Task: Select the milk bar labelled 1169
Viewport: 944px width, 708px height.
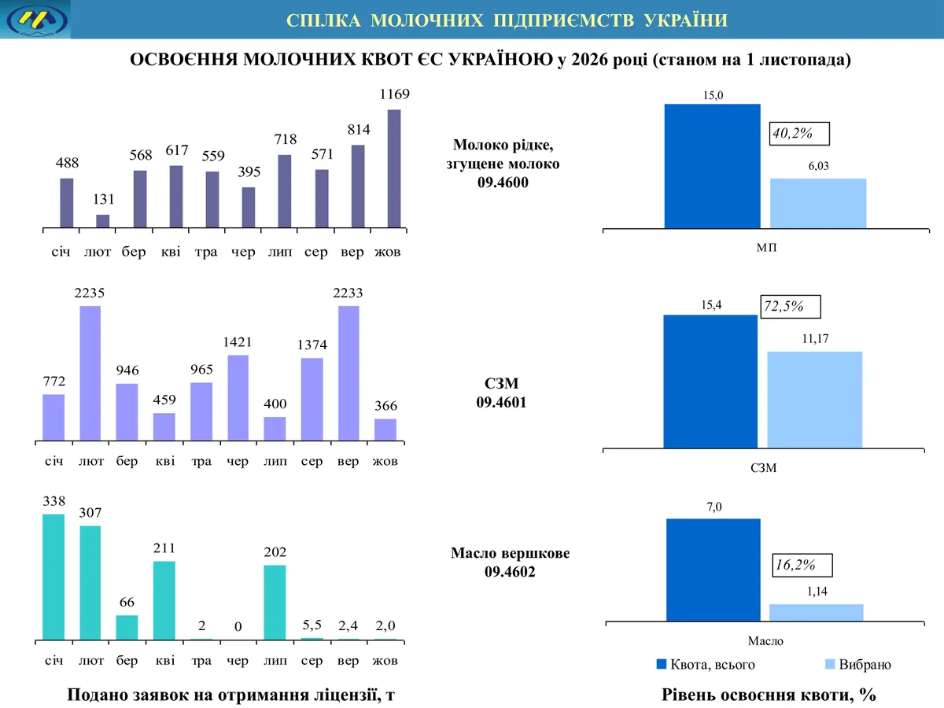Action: tap(394, 168)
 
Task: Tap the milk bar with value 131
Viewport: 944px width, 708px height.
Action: tap(103, 221)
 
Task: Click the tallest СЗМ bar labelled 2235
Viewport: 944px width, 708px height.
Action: tap(90, 373)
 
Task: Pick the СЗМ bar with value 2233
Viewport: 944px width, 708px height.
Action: tap(348, 373)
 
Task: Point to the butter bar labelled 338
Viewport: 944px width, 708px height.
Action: tap(53, 577)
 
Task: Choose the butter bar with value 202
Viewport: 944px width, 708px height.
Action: tap(275, 603)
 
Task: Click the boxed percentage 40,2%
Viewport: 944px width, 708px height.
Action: tap(799, 134)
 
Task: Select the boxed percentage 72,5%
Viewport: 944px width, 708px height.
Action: tap(791, 307)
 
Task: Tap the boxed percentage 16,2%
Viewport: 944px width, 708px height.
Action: tap(802, 566)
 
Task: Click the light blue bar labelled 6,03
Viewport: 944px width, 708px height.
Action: tap(818, 203)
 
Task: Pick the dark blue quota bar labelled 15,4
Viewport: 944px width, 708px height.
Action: tap(710, 382)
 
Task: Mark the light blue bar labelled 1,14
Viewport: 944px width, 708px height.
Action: tap(817, 613)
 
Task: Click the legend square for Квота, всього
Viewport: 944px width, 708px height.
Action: tap(662, 664)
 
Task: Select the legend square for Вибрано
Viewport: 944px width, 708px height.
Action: tap(830, 664)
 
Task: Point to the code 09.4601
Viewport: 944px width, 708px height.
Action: tap(501, 402)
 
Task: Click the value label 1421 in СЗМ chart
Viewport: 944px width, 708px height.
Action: tap(238, 342)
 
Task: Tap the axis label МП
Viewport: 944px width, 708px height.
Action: tap(766, 248)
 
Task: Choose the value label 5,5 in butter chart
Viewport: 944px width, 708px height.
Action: tap(312, 625)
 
